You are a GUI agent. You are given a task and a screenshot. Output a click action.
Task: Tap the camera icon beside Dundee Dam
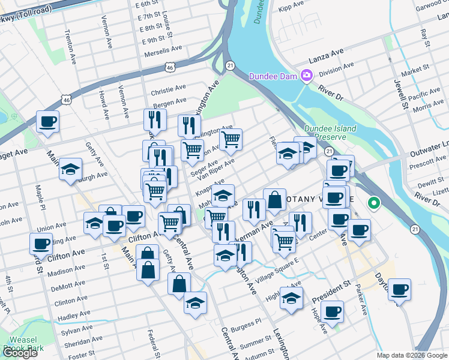point(307,76)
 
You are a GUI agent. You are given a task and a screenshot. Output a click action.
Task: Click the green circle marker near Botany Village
point(374,203)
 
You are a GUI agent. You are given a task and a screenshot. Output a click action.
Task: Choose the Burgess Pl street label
point(246,325)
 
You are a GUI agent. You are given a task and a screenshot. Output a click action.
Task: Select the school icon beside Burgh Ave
point(70,169)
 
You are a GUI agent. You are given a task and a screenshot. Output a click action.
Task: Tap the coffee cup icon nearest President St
point(332,311)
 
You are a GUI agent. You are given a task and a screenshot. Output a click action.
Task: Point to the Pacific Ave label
point(424,95)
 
